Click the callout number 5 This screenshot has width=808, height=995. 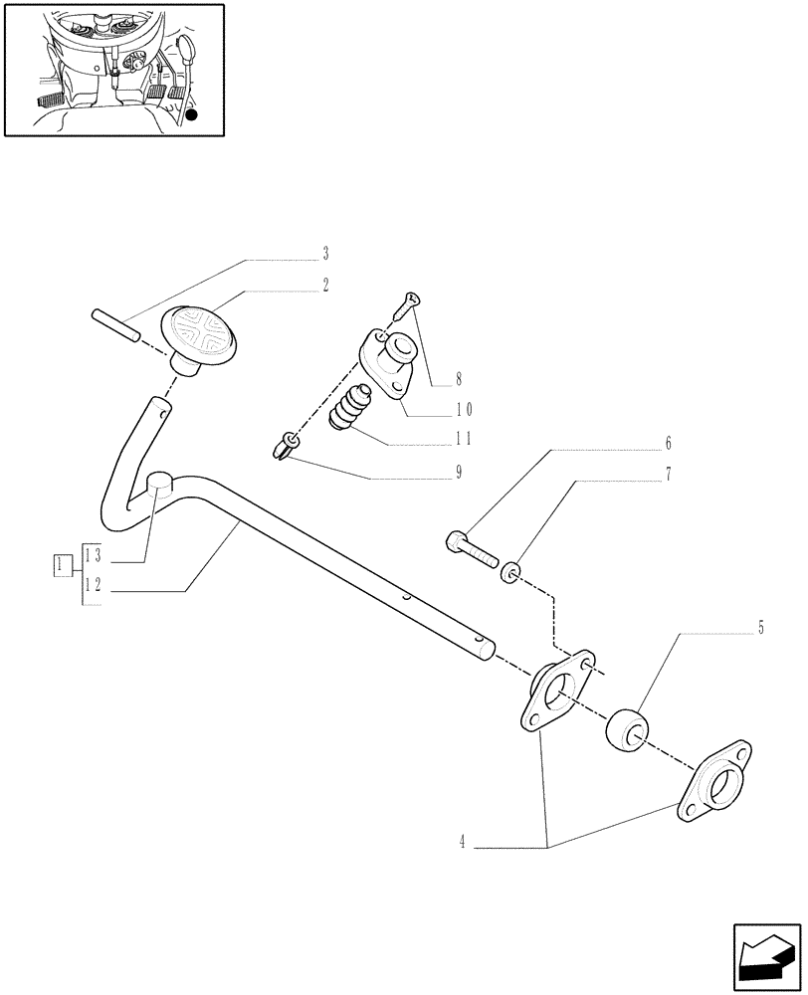coord(761,628)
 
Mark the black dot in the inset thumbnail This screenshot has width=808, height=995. coord(192,115)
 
